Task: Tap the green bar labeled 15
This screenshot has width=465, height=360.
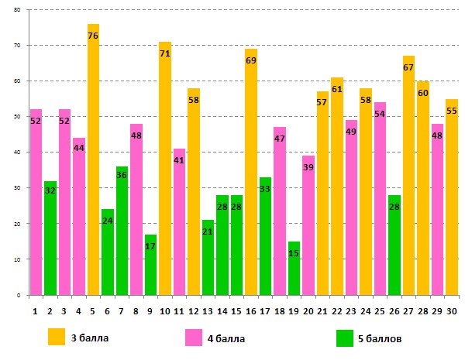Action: point(294,268)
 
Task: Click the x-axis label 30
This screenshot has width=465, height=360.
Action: point(452,310)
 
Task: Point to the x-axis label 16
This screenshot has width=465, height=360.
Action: point(251,310)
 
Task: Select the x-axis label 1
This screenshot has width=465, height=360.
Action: point(35,310)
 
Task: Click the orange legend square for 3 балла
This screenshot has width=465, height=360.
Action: point(57,338)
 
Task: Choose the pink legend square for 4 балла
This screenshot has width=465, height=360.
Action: point(194,338)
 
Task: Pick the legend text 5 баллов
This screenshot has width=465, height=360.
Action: point(381,338)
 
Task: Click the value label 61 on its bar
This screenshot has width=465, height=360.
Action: point(336,89)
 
